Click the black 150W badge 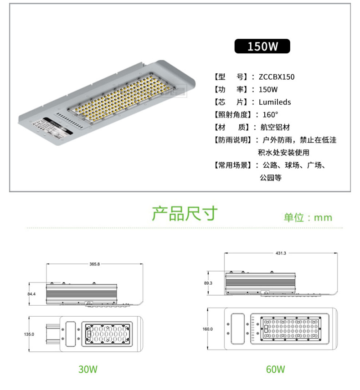262,46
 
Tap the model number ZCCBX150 277,77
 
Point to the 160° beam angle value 270,115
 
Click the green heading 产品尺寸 185,213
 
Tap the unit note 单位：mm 308,217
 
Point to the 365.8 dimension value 94,264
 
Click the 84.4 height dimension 31,294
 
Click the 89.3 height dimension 208,283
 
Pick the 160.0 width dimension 208,329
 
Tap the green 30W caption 88,369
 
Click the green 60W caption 275,369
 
